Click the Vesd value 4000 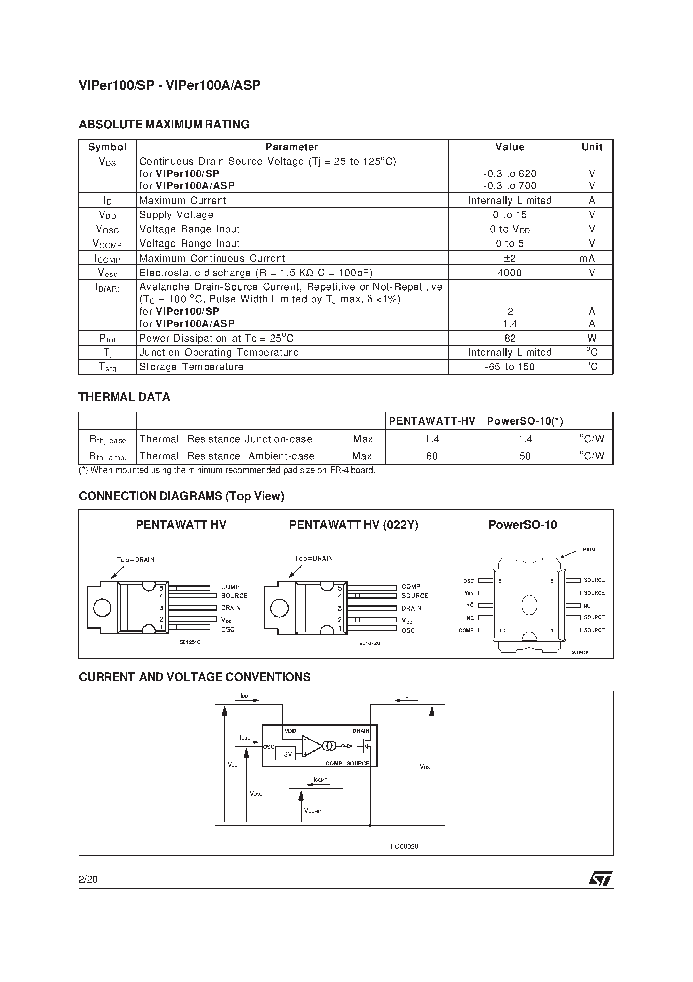pyautogui.click(x=510, y=272)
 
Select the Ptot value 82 pyautogui.click(x=510, y=338)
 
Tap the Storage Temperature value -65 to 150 pyautogui.click(x=510, y=366)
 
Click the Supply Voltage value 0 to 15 pyautogui.click(x=510, y=215)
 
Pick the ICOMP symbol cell pyautogui.click(x=107, y=258)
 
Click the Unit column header pyautogui.click(x=592, y=147)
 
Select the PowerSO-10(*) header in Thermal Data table pyautogui.click(x=525, y=421)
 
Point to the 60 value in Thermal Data pyautogui.click(x=432, y=456)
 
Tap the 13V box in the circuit pyautogui.click(x=285, y=754)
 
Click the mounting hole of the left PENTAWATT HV pyautogui.click(x=102, y=608)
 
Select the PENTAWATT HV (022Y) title pyautogui.click(x=353, y=525)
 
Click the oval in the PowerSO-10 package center pyautogui.click(x=529, y=605)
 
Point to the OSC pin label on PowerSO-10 pyautogui.click(x=468, y=581)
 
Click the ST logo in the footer pyautogui.click(x=600, y=879)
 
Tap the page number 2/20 pyautogui.click(x=88, y=879)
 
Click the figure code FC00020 pyautogui.click(x=404, y=846)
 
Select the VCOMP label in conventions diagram pyautogui.click(x=312, y=810)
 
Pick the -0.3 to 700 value pyautogui.click(x=510, y=186)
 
